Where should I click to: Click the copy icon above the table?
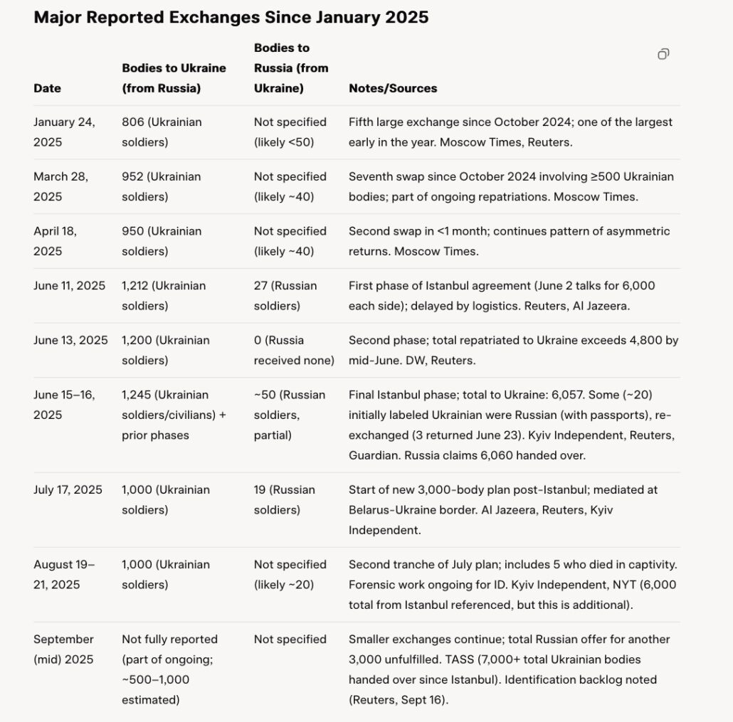click(663, 55)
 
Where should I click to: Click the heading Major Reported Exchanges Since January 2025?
click(231, 17)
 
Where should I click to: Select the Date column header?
click(47, 88)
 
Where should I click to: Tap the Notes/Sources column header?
click(393, 88)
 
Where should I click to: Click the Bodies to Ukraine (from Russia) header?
click(174, 78)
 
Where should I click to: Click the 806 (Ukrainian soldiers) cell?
click(162, 132)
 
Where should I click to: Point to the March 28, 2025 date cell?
click(60, 186)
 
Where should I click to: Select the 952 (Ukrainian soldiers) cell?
click(162, 186)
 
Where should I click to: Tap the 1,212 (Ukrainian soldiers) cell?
click(164, 296)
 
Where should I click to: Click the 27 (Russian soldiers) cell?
click(285, 296)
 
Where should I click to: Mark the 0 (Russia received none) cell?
click(294, 350)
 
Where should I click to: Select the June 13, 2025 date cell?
click(70, 340)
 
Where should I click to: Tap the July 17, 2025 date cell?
click(68, 489)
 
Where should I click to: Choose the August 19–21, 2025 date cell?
click(64, 575)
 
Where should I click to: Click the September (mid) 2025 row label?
click(63, 649)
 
